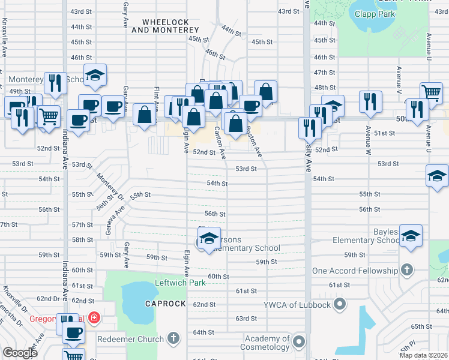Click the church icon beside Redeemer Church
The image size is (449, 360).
pos(174,339)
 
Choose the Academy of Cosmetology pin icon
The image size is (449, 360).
pos(299,343)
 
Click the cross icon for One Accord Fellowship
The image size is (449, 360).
pos(408,271)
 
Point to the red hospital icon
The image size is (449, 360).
pos(94,317)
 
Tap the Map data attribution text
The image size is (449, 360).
pos(424,355)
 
